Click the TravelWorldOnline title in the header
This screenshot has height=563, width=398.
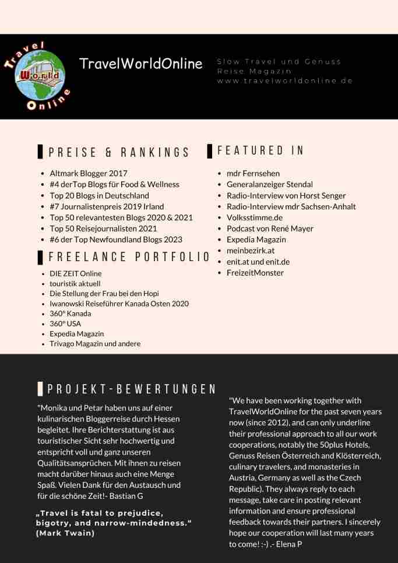[x=141, y=64]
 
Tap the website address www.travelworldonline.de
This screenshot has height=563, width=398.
[x=285, y=81]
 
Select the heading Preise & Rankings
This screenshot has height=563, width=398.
[x=119, y=153]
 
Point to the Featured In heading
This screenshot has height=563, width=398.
[x=260, y=150]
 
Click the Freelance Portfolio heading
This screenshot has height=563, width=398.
[x=129, y=257]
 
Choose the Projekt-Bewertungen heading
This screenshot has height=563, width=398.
[x=132, y=389]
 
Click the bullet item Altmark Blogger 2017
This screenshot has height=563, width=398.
[x=89, y=173]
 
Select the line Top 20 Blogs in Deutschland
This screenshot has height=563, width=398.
[x=99, y=195]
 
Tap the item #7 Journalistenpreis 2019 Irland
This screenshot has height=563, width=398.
[x=107, y=206]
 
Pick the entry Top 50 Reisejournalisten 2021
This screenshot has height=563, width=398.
[x=104, y=228]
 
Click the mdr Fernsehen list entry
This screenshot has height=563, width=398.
[x=253, y=173]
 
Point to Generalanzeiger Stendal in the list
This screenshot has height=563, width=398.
[x=270, y=184]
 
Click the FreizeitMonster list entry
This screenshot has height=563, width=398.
[x=255, y=273]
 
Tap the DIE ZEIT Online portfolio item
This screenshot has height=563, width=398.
[x=75, y=273]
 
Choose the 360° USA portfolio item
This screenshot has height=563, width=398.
[x=65, y=323]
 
